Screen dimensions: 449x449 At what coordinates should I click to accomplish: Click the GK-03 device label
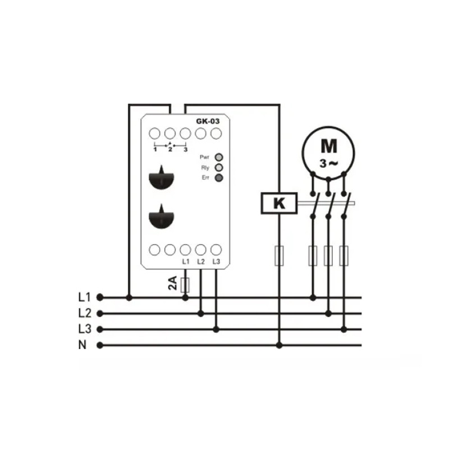[x=208, y=121]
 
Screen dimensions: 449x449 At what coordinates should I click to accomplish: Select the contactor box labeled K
[x=279, y=203]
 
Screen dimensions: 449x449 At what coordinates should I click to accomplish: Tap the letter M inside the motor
[x=329, y=146]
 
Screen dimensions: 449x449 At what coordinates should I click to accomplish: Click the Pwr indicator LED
[x=219, y=157]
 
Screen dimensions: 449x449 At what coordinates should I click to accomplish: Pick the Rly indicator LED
[x=219, y=167]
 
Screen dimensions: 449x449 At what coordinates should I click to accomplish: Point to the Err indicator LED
[x=219, y=178]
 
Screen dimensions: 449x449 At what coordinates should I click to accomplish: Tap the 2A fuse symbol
[x=185, y=285]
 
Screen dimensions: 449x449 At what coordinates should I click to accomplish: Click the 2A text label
[x=173, y=283]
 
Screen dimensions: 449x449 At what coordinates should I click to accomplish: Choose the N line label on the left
[x=83, y=345]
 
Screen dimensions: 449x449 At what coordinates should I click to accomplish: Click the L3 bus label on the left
[x=85, y=329]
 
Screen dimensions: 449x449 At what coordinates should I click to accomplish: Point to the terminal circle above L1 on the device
[x=185, y=250]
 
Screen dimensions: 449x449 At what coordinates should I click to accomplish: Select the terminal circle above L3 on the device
[x=216, y=250]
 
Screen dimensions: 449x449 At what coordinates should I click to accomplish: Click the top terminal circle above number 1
[x=155, y=134]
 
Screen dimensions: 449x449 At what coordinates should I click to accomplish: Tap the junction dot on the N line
[x=279, y=346]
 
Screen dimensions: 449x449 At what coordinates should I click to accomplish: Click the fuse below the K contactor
[x=279, y=256]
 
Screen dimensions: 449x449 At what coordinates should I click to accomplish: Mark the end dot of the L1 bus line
[x=100, y=297]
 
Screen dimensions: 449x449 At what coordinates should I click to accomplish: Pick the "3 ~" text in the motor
[x=329, y=164]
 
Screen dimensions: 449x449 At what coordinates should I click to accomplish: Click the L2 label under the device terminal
[x=201, y=262]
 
